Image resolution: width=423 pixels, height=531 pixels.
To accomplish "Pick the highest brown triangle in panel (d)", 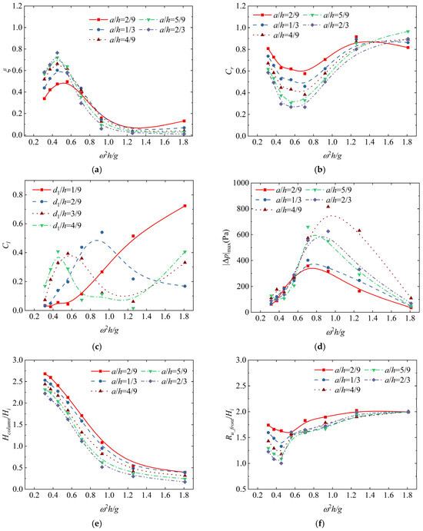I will click(x=328, y=206).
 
